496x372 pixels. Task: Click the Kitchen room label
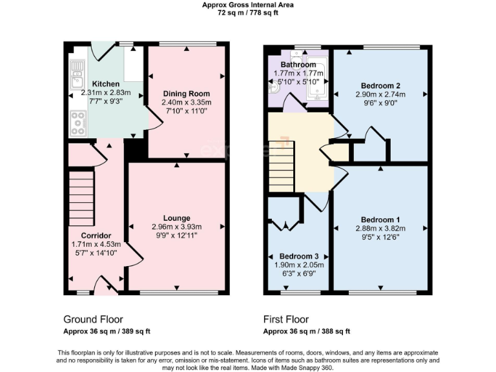coord(105,84)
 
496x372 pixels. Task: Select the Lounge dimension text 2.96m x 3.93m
coord(176,227)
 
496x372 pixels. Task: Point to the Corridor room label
coord(96,235)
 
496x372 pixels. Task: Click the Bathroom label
coord(298,65)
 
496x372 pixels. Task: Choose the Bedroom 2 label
coord(380,86)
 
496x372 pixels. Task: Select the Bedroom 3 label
coord(297,256)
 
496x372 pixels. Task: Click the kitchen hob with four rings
coord(78,123)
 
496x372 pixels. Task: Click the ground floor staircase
coord(81,196)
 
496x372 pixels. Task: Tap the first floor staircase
coord(282,167)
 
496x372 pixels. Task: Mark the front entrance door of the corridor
coord(106,285)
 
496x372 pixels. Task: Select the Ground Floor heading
coord(93,319)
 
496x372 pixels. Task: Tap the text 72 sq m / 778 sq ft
coord(247,12)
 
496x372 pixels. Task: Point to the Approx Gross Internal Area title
coord(247,5)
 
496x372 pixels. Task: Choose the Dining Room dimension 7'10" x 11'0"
coord(186,110)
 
